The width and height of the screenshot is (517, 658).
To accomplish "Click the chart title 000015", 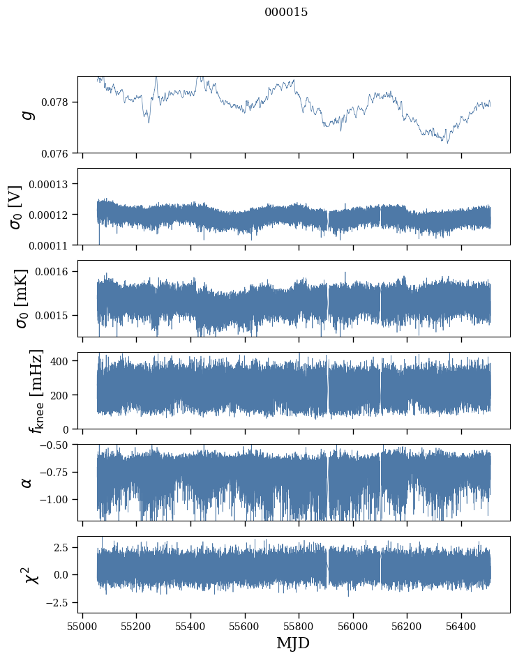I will tap(286, 13).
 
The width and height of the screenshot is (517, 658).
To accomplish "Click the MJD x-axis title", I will tap(293, 643).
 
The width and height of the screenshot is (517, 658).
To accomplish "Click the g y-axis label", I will tap(28, 114).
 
